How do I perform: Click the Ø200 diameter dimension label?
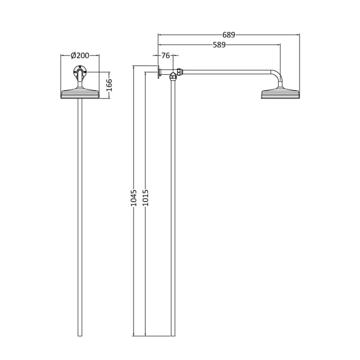(x=80, y=55)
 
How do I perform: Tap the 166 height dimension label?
(x=109, y=85)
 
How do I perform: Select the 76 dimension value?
(x=166, y=55)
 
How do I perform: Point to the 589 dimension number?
(x=218, y=45)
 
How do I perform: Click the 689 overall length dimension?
(x=228, y=34)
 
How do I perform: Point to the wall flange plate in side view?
(x=159, y=73)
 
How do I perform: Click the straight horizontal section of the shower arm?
(x=227, y=70)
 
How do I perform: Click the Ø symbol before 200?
(x=74, y=55)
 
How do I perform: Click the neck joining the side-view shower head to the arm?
(x=280, y=86)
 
